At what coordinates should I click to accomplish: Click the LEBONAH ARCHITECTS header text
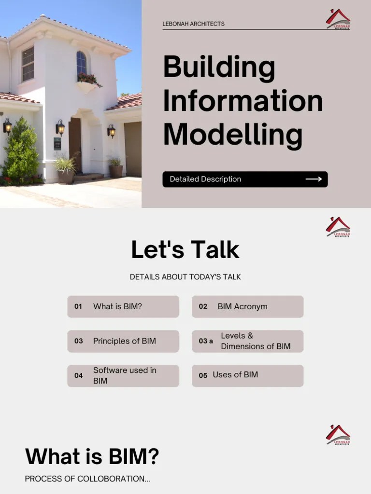(x=193, y=24)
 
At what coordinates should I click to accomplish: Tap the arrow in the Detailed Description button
(x=314, y=179)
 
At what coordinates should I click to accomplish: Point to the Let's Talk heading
(x=185, y=250)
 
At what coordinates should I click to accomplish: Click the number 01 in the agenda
(x=78, y=306)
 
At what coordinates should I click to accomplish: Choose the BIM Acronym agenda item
(x=242, y=306)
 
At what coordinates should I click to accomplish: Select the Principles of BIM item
(x=124, y=341)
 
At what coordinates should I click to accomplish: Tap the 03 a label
(x=206, y=341)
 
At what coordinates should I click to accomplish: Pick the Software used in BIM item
(x=125, y=375)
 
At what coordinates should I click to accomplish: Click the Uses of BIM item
(x=235, y=375)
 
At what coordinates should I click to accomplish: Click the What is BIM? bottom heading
(x=92, y=456)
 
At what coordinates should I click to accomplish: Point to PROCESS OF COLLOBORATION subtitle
(x=87, y=479)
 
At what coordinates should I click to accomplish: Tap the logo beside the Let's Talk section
(x=338, y=227)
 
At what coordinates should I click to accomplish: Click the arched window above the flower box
(x=82, y=63)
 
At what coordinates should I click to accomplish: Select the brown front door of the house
(x=75, y=145)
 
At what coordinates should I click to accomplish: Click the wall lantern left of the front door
(x=60, y=127)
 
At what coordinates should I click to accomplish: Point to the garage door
(x=133, y=149)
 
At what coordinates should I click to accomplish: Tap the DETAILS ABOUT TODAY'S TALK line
(x=185, y=277)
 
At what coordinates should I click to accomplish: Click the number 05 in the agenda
(x=203, y=375)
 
